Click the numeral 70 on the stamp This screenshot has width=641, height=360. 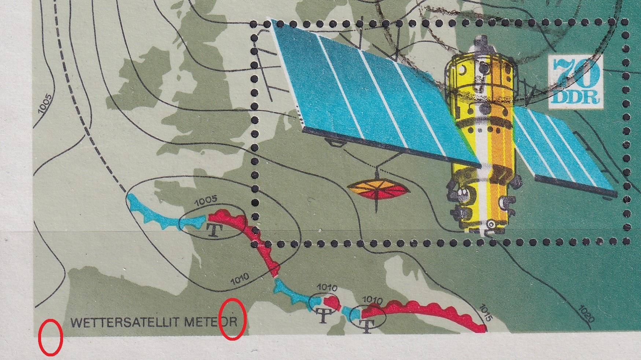point(576,72)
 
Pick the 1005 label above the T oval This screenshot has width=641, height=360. point(206,201)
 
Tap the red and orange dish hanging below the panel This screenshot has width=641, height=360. point(377,190)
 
